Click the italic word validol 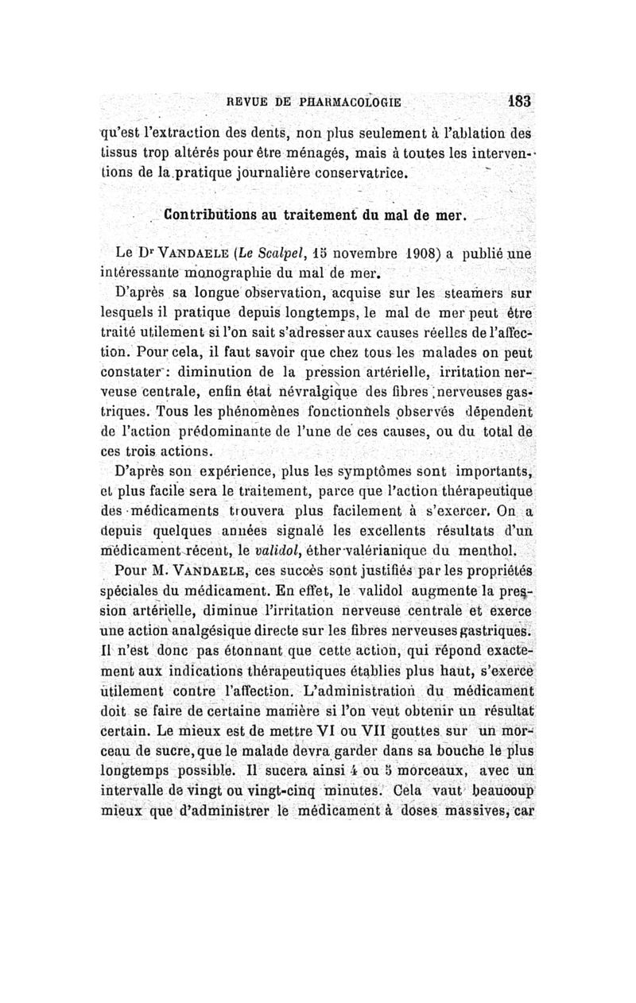277,549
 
